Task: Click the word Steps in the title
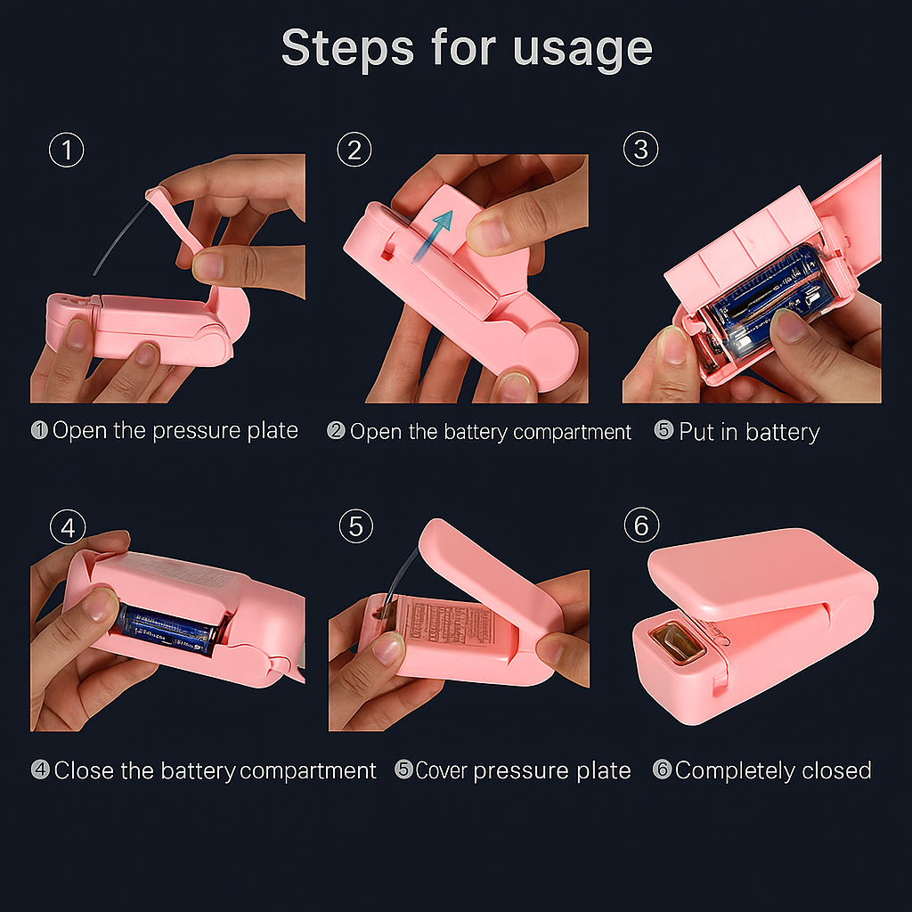pyautogui.click(x=347, y=48)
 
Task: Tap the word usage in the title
pyautogui.click(x=582, y=51)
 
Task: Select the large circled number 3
pyautogui.click(x=640, y=149)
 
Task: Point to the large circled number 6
pyautogui.click(x=641, y=525)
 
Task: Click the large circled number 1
pyautogui.click(x=66, y=150)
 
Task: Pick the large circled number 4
pyautogui.click(x=68, y=527)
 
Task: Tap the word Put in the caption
pyautogui.click(x=697, y=432)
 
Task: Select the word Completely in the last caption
pyautogui.click(x=735, y=770)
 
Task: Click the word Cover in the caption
pyautogui.click(x=441, y=770)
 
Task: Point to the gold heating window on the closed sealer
pyautogui.click(x=678, y=640)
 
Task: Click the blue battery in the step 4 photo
pyautogui.click(x=166, y=631)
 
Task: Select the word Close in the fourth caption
pyautogui.click(x=84, y=770)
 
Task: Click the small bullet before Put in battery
pyautogui.click(x=664, y=430)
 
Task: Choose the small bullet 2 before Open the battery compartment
pyautogui.click(x=336, y=430)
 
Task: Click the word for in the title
pyautogui.click(x=463, y=47)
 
